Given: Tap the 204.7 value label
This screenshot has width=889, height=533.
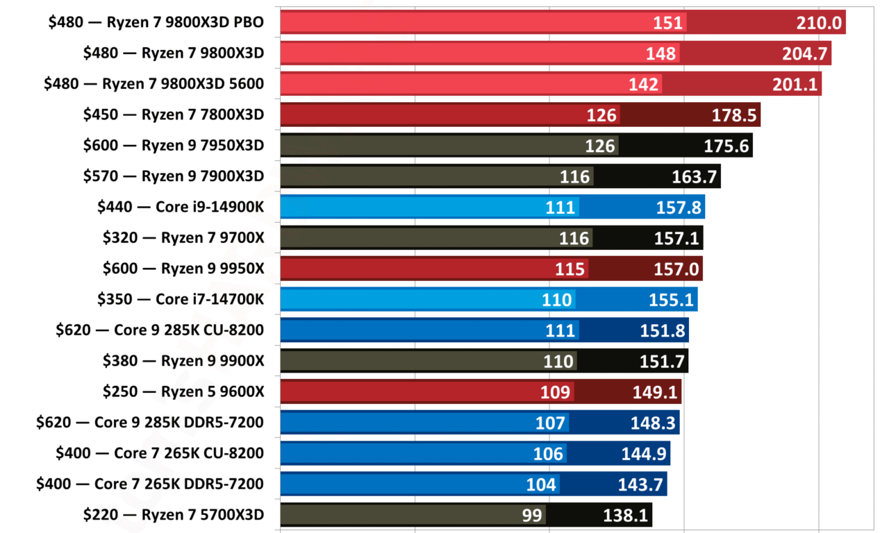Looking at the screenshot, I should tap(804, 53).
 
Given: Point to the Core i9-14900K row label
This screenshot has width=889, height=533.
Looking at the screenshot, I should tap(181, 207).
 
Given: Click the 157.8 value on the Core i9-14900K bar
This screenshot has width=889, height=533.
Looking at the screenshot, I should tap(679, 207).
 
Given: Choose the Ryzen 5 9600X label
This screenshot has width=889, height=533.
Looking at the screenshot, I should tap(183, 391).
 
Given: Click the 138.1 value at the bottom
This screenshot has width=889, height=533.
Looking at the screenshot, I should tap(626, 514).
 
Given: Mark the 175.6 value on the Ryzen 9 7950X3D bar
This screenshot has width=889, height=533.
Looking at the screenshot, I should tap(726, 146).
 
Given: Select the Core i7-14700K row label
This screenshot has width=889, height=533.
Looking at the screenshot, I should tap(181, 299).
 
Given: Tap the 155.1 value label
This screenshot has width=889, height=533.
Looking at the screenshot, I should tap(672, 299).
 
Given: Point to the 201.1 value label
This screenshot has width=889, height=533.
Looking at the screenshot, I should tap(795, 84).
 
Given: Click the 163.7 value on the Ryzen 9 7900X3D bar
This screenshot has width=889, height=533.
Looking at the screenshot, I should tap(694, 176).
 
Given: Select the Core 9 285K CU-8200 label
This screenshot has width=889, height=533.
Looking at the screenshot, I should tap(160, 330).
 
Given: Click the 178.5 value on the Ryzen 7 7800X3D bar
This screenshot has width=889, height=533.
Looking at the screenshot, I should tap(733, 115).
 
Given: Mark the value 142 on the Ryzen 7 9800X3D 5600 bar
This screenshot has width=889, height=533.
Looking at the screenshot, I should tap(643, 84).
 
